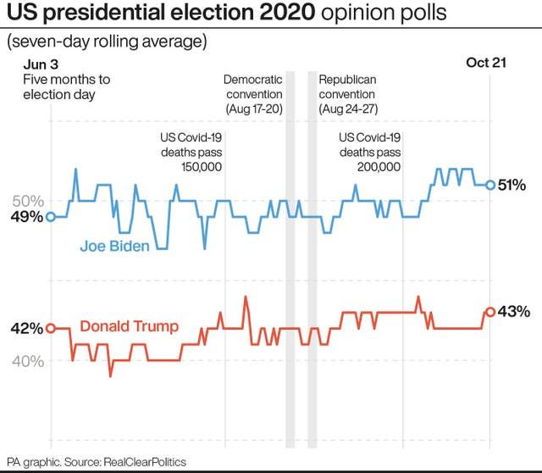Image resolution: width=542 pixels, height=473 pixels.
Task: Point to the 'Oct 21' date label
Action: (486, 64)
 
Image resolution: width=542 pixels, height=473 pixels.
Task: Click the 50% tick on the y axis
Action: (27, 201)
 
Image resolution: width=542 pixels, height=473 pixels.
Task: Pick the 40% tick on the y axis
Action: (27, 361)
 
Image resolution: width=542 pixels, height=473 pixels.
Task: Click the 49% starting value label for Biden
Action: (25, 217)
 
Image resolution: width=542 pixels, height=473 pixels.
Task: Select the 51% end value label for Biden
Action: (513, 185)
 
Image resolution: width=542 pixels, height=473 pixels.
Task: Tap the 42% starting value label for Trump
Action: (25, 329)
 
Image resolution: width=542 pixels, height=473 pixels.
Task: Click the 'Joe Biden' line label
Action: (115, 247)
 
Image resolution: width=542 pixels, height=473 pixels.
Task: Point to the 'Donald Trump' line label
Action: (129, 326)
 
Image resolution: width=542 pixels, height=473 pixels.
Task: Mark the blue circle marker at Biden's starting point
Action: (50, 217)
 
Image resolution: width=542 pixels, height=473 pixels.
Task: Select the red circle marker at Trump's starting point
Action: (50, 329)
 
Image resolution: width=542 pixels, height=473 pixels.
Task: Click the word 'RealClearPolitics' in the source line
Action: (144, 462)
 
